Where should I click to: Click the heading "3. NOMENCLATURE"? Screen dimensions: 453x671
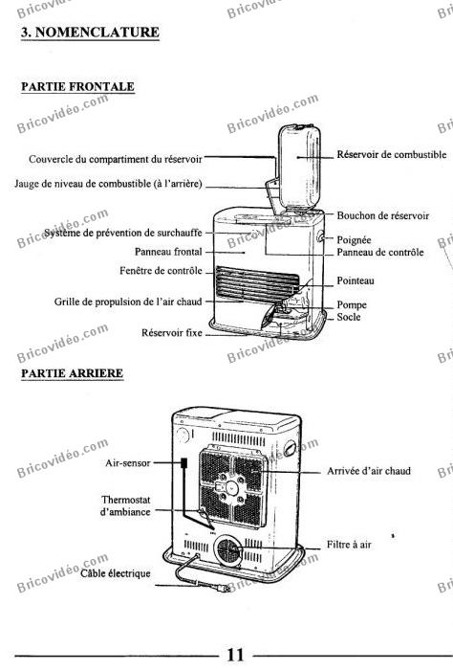[90, 33]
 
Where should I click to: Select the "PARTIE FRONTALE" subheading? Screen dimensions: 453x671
[77, 86]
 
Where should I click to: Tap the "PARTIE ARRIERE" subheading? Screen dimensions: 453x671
[73, 373]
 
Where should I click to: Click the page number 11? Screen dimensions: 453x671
[235, 655]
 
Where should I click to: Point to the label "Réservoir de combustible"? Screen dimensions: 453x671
[392, 154]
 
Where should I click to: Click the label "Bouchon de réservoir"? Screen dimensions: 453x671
[383, 215]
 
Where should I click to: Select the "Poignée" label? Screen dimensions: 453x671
[354, 240]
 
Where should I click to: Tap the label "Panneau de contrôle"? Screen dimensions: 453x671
[380, 252]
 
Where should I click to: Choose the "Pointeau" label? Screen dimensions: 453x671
[356, 280]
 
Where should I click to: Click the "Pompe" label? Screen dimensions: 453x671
[352, 305]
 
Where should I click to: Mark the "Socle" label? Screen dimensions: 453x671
[348, 317]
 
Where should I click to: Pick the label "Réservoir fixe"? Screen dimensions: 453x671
[172, 332]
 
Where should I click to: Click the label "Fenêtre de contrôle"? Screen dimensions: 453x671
[161, 271]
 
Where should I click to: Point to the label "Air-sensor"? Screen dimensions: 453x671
[128, 462]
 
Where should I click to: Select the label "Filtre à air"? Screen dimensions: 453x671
[349, 545]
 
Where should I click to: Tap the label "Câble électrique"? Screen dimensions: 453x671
[116, 573]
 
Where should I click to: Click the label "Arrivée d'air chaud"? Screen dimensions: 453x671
[369, 471]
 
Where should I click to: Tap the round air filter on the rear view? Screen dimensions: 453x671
[228, 550]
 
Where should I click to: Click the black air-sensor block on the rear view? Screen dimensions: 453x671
[184, 462]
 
